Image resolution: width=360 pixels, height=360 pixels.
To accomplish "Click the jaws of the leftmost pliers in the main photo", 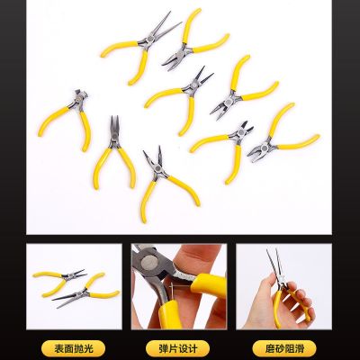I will (x=71, y=94).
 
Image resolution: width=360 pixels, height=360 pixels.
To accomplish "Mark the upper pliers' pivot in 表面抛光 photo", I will (x=67, y=274).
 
